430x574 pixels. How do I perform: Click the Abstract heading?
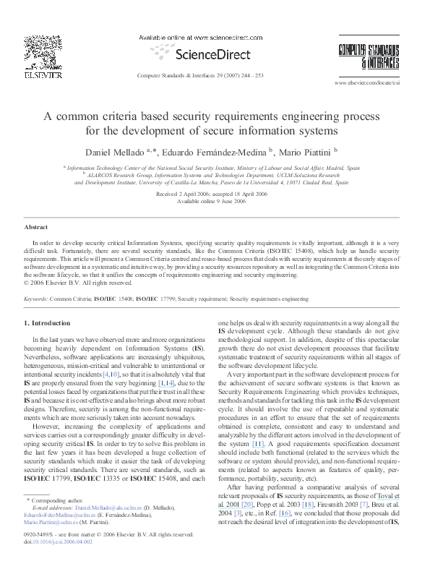36,227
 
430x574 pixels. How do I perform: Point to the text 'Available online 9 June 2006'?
211,202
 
